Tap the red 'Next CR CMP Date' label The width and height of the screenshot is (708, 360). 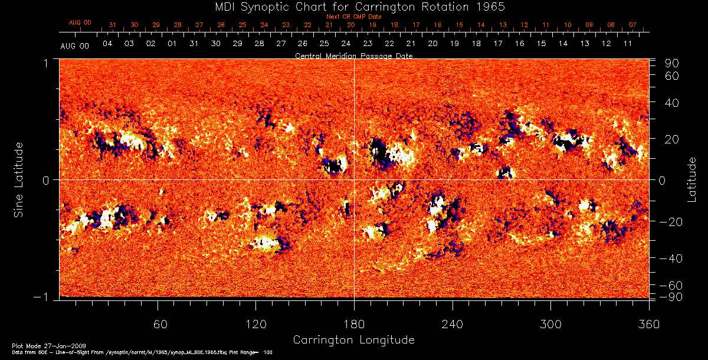tap(354, 17)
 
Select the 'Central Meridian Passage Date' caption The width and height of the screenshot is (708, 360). tap(353, 55)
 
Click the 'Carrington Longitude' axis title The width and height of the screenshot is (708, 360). tap(353, 340)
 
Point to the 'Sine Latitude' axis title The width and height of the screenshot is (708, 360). tap(19, 178)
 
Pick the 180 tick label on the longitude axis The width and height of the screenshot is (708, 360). tap(354, 324)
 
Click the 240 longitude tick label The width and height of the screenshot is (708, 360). tap(453, 324)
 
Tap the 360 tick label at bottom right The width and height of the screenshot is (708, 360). tap(649, 324)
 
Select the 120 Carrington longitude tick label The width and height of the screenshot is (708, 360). tap(255, 324)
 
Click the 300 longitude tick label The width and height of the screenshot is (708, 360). tap(550, 324)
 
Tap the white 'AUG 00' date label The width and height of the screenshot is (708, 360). tap(75, 45)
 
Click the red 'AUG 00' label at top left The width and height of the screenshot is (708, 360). tap(80, 22)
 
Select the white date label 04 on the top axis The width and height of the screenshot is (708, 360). tap(107, 44)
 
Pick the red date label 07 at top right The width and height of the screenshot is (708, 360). tap(632, 25)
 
